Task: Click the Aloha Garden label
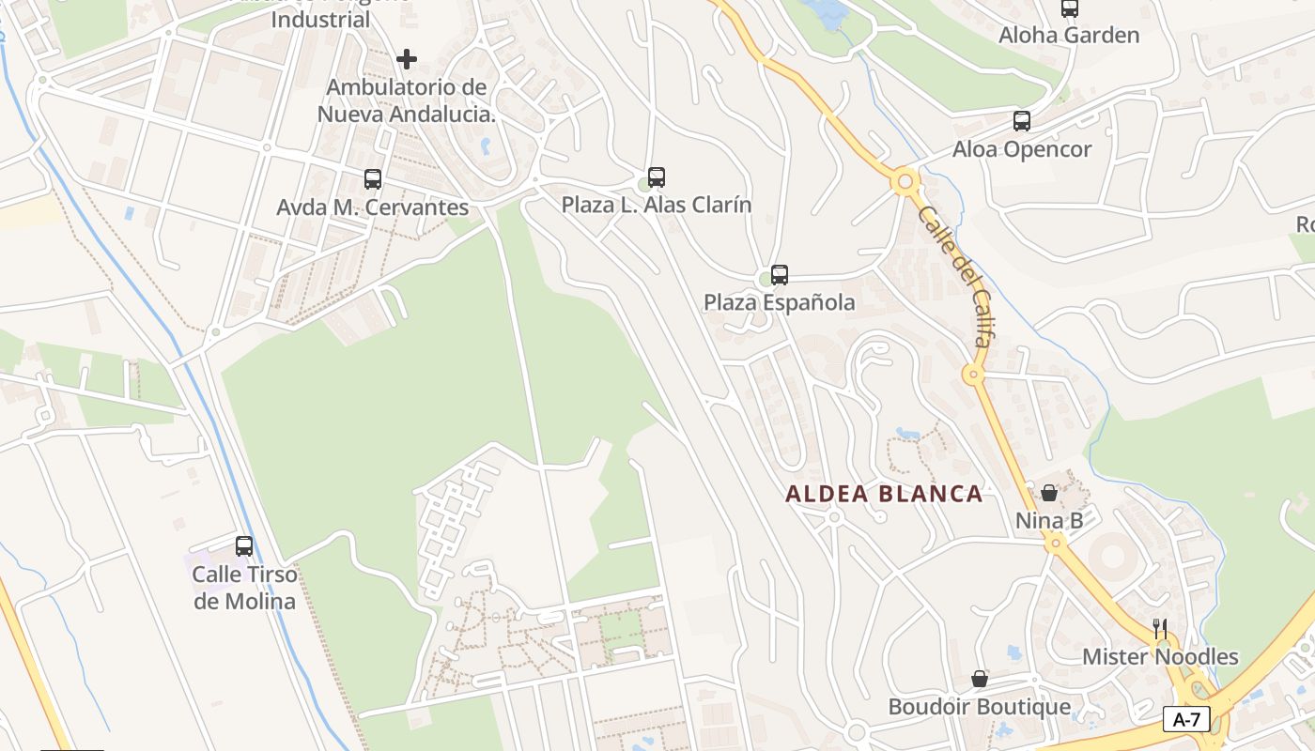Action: pos(1069,36)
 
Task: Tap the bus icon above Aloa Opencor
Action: pos(1022,121)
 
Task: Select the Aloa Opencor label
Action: pos(1022,149)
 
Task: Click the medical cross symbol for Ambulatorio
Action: pos(407,60)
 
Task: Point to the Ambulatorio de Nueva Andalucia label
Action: pos(407,101)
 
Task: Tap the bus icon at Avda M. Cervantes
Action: pos(373,179)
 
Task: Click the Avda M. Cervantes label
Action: pos(373,207)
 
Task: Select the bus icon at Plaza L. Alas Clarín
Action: pos(657,176)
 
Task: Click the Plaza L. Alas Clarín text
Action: pos(657,205)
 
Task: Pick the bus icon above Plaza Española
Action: pos(780,275)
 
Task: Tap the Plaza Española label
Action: pos(780,302)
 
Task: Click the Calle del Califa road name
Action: pos(954,276)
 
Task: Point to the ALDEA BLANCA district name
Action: pos(884,494)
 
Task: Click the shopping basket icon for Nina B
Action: pos(1049,493)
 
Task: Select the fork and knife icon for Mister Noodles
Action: pos(1161,628)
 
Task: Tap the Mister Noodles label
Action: pos(1160,656)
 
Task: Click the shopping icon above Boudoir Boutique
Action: pos(980,679)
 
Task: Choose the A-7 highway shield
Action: pos(1186,720)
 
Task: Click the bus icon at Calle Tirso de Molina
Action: pos(244,546)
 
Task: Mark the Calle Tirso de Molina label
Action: pos(245,588)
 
